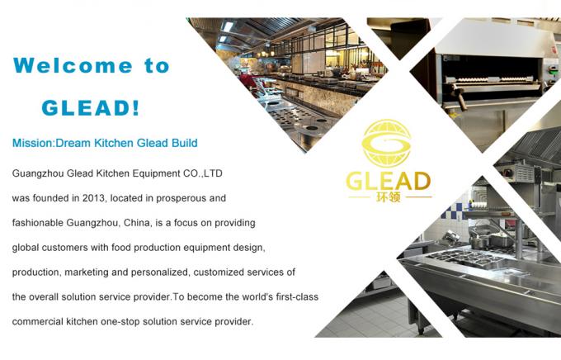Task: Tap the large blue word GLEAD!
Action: point(90,107)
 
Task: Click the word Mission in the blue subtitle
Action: point(31,143)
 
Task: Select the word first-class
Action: point(293,296)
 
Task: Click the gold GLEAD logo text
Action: point(388,182)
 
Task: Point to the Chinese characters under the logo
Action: point(388,198)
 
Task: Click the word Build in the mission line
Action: point(183,143)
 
